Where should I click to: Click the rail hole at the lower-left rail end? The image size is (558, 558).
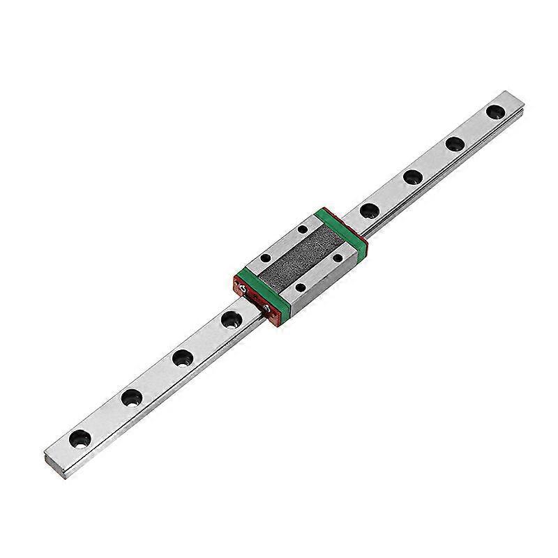[78, 439]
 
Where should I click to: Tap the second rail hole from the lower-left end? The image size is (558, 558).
[130, 398]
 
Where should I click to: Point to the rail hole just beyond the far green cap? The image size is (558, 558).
[368, 209]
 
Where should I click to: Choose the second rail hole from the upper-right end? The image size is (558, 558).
[455, 143]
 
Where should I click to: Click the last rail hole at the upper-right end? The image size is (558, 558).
[496, 112]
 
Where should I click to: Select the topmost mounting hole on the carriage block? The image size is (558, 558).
[302, 229]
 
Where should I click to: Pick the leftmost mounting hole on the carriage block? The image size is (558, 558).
[264, 258]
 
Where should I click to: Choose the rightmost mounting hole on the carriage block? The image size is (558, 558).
[338, 257]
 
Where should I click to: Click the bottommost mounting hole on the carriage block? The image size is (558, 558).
[300, 287]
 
